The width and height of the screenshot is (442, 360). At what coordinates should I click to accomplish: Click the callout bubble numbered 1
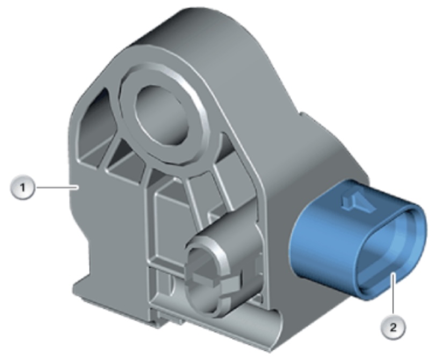[23, 188]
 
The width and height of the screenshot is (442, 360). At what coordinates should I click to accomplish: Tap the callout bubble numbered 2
[393, 327]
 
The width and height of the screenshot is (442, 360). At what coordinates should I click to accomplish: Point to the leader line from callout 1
[56, 187]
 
